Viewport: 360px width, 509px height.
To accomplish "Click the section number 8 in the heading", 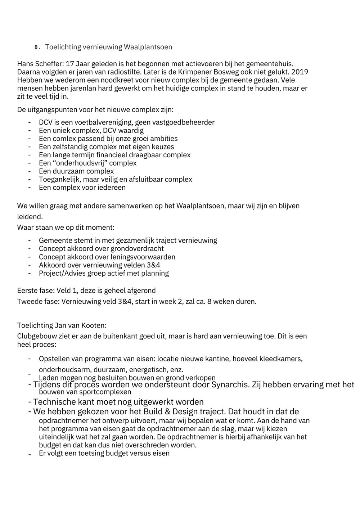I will (x=36, y=48).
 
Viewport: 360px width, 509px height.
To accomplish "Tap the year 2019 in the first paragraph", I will (x=300, y=72).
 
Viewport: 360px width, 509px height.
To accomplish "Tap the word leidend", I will (x=30, y=217).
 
